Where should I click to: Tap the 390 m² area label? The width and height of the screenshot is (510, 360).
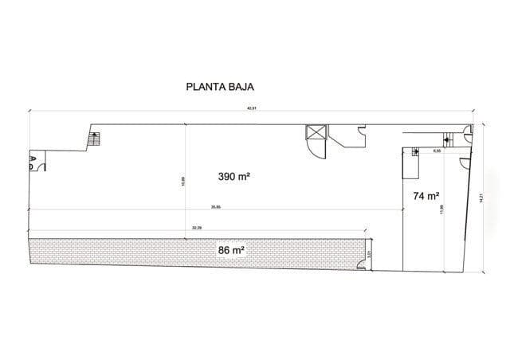click(x=234, y=177)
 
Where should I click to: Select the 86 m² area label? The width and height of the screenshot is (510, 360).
click(x=230, y=250)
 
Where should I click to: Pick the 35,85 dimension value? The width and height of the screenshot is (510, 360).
click(x=216, y=207)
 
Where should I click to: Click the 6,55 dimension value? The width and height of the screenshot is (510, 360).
click(x=437, y=149)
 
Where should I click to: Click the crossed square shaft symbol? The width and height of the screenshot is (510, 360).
click(x=316, y=132)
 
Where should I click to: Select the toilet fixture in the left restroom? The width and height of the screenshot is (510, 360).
click(x=33, y=167)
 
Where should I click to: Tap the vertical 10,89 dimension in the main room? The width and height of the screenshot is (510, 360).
click(x=184, y=181)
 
